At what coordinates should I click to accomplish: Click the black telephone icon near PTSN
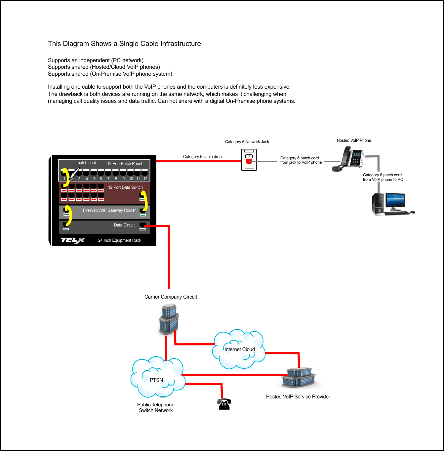(x=224, y=404)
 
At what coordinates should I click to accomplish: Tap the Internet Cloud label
(x=240, y=349)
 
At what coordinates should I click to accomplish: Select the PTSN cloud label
(x=156, y=380)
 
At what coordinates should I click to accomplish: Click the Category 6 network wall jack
(x=249, y=160)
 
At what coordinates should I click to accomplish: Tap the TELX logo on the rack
(x=73, y=240)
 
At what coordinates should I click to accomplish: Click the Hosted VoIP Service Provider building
(x=299, y=377)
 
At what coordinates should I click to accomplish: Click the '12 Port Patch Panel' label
(x=125, y=164)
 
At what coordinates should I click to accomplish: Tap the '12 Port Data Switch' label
(x=126, y=187)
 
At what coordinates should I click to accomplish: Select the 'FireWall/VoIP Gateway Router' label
(x=109, y=210)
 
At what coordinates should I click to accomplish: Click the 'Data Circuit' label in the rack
(x=124, y=225)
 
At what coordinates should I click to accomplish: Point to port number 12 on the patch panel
(x=145, y=179)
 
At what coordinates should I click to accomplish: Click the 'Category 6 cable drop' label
(x=202, y=157)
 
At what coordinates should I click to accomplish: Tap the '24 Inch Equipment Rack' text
(x=120, y=240)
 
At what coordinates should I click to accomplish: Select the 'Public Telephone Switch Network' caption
(x=156, y=407)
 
